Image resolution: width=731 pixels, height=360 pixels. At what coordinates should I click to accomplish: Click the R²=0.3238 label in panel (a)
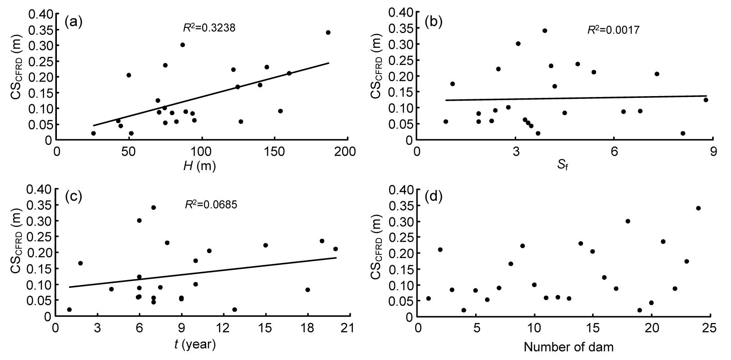(x=209, y=28)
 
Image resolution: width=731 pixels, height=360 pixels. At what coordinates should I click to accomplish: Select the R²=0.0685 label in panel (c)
(x=211, y=204)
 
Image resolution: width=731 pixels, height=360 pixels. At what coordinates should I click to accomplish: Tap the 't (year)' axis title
(x=195, y=344)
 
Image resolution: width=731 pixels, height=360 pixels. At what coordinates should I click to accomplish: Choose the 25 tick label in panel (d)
(x=709, y=328)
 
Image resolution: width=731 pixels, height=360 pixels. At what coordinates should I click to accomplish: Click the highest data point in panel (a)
(x=328, y=32)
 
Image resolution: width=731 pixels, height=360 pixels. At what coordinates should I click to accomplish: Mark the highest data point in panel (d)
(x=699, y=208)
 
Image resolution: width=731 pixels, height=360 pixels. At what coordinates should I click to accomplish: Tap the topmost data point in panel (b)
(x=545, y=31)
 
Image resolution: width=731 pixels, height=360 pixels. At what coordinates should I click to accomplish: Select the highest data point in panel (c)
(x=153, y=208)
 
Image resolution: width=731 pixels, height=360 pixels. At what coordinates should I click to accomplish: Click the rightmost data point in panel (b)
(x=706, y=100)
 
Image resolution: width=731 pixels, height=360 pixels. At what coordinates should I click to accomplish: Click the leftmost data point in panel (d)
(x=428, y=298)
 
